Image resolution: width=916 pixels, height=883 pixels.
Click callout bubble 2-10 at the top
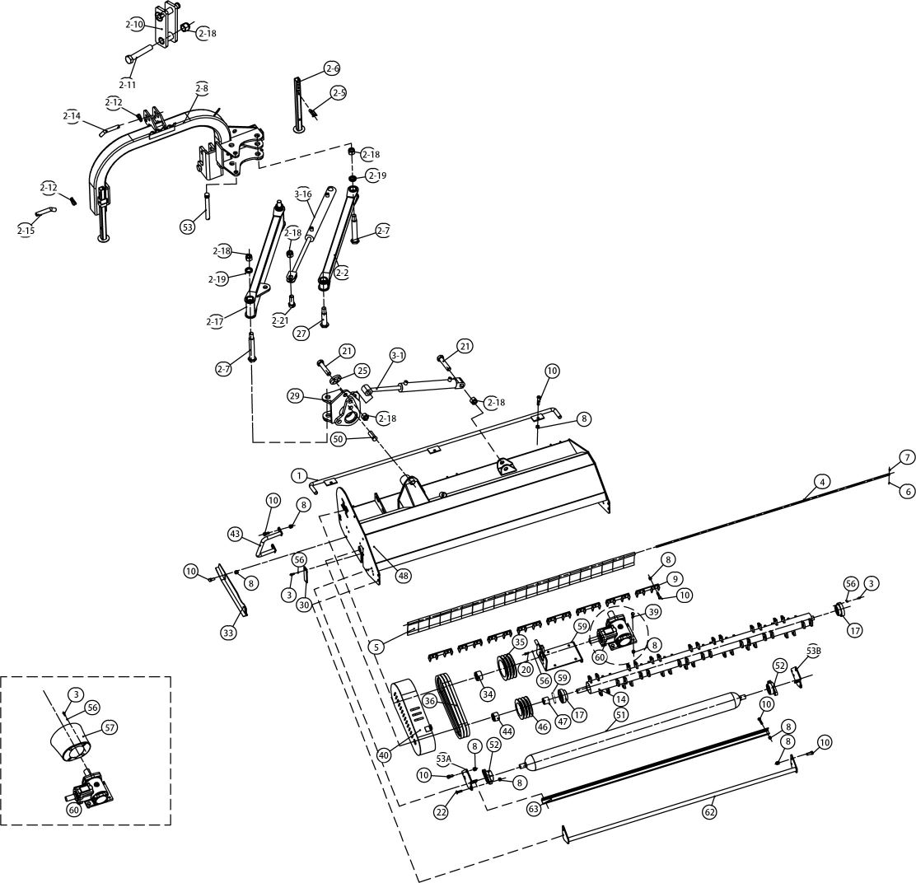pos(135,25)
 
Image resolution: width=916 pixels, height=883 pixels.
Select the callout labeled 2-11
pos(127,84)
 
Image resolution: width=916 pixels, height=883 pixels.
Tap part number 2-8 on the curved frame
pos(202,87)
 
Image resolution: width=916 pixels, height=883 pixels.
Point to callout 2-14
pos(72,116)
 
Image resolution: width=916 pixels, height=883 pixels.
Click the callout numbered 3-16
pos(303,194)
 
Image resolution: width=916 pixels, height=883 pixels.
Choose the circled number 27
pos(301,332)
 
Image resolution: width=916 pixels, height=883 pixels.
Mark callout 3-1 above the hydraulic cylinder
pos(398,355)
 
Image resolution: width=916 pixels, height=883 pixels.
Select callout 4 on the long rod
pos(820,480)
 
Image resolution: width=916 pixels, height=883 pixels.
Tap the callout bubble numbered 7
pos(907,456)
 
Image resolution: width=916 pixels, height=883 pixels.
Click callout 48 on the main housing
pos(402,577)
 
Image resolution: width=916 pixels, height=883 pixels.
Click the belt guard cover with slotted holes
pos(412,712)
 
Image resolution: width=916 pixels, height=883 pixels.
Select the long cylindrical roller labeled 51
pos(634,728)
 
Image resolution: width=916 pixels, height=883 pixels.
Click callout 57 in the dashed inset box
pos(110,726)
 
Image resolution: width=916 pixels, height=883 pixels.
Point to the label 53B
pos(814,650)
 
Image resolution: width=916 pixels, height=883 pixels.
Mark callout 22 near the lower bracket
pos(442,812)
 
